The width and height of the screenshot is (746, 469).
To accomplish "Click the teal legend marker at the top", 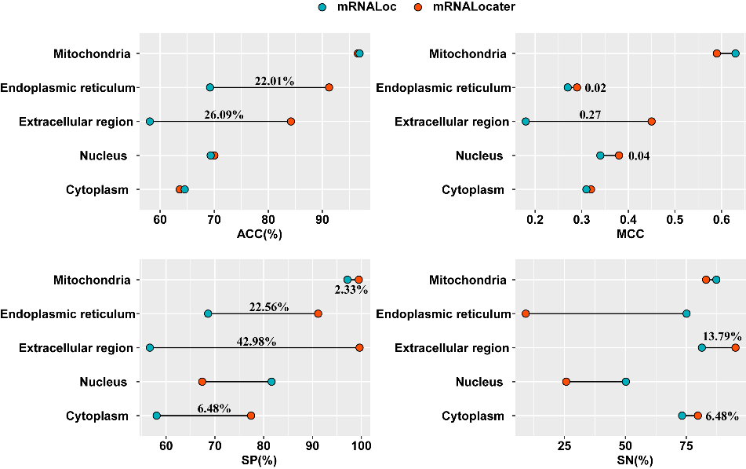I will click(x=322, y=7).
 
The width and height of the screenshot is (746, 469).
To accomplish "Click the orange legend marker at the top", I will click(x=418, y=7).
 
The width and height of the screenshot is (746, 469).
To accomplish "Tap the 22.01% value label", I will click(x=274, y=81).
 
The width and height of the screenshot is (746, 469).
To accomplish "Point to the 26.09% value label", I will click(x=224, y=115).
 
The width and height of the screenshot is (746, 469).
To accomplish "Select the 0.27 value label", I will click(x=590, y=115).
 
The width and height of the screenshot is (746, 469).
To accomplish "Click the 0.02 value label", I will click(x=595, y=88).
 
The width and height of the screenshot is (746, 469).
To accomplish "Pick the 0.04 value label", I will click(x=639, y=156).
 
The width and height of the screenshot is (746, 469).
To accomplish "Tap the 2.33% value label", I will click(x=351, y=290).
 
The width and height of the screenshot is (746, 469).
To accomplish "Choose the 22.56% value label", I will click(x=269, y=307).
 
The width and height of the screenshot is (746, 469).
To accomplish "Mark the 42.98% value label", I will click(x=256, y=341).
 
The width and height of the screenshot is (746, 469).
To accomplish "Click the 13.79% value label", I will click(x=722, y=336).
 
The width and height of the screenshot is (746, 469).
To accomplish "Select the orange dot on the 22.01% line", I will click(x=329, y=87).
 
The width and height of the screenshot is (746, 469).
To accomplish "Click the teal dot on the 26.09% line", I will click(x=150, y=122).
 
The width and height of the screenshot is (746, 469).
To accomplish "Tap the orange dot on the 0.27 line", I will click(x=652, y=122).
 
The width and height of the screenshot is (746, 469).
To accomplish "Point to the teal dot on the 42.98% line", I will click(x=150, y=347).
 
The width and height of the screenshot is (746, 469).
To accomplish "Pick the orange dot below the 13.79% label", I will click(x=735, y=347).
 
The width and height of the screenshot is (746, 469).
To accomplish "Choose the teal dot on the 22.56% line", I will click(x=208, y=313).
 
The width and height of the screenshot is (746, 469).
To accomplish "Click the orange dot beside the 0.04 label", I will click(x=619, y=156).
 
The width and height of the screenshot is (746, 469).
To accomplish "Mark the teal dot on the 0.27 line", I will click(x=526, y=122).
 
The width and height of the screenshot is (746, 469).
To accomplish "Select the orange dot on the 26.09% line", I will click(x=291, y=122).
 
